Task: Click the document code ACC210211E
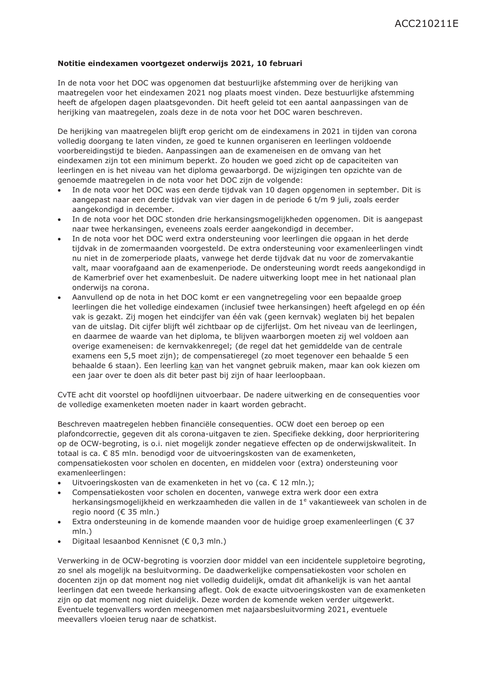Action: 426,24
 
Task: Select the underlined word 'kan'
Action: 197,366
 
